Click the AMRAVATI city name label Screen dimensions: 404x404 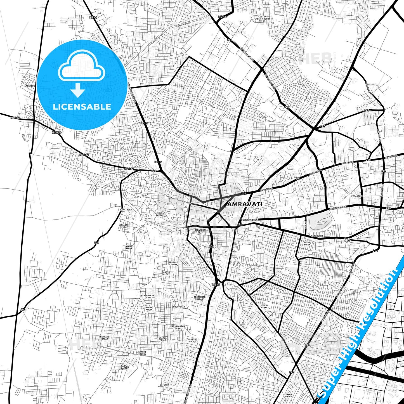point(245,204)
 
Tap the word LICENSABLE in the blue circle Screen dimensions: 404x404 point(82,107)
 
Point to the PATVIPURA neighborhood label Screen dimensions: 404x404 point(126,209)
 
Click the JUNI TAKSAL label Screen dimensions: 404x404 point(160,214)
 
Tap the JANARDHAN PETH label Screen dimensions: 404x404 point(200,231)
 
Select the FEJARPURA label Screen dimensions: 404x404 point(357,196)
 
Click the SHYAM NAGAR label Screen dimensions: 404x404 point(307,244)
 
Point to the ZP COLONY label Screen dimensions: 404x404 point(308,290)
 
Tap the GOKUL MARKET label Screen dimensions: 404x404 point(265,306)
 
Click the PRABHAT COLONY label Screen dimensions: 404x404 point(173,263)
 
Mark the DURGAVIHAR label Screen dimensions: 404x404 point(178,307)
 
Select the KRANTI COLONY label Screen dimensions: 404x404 point(142,353)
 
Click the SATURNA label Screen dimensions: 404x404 point(164,385)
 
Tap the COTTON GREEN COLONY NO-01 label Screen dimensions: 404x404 point(262,19)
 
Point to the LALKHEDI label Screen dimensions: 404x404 point(29,86)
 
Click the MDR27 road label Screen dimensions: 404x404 point(223,17)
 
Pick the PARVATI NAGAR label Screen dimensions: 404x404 point(105,338)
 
